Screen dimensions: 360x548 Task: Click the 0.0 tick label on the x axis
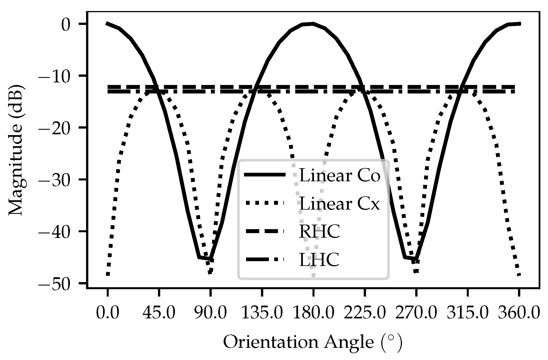click(x=107, y=314)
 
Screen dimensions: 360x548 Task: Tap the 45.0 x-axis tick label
click(x=159, y=314)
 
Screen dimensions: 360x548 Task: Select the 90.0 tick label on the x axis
click(x=210, y=314)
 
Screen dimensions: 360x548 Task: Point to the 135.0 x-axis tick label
click(x=262, y=314)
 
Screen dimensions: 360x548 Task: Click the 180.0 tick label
click(x=313, y=314)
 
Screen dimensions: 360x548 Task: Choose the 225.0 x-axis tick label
click(x=365, y=314)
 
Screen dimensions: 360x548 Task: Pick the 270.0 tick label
click(x=416, y=314)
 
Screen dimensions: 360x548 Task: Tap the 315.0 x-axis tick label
click(x=468, y=314)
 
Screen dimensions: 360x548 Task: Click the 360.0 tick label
click(x=519, y=314)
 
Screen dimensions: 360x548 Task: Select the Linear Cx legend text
click(x=339, y=203)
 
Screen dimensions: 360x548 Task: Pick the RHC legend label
click(x=320, y=232)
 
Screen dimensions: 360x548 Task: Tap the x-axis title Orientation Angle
click(x=313, y=343)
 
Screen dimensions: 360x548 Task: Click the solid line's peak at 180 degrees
click(x=313, y=24)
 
